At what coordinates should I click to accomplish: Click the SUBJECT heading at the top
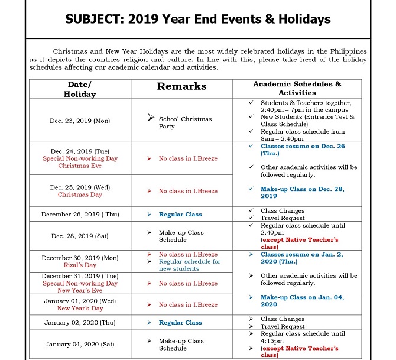(x=197, y=20)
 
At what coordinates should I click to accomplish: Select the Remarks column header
(x=181, y=86)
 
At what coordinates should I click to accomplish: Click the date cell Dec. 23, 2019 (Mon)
(x=80, y=121)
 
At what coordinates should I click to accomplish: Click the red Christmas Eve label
(x=80, y=166)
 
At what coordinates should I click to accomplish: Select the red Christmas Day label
(x=80, y=194)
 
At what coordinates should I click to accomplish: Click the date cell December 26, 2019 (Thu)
(x=80, y=214)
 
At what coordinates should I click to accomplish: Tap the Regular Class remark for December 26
(x=180, y=214)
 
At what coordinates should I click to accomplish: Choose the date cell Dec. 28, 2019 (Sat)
(x=80, y=236)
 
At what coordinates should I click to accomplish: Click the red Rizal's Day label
(x=80, y=265)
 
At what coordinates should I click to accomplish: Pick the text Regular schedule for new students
(x=189, y=265)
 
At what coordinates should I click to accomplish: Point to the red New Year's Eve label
(x=80, y=290)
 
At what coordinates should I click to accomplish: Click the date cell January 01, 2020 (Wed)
(x=80, y=301)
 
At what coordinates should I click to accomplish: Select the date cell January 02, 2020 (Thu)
(x=80, y=323)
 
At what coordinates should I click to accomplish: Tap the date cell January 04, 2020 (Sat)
(x=80, y=345)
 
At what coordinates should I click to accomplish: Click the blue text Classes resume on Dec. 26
(x=301, y=149)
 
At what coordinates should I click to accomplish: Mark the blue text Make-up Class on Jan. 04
(x=301, y=300)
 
